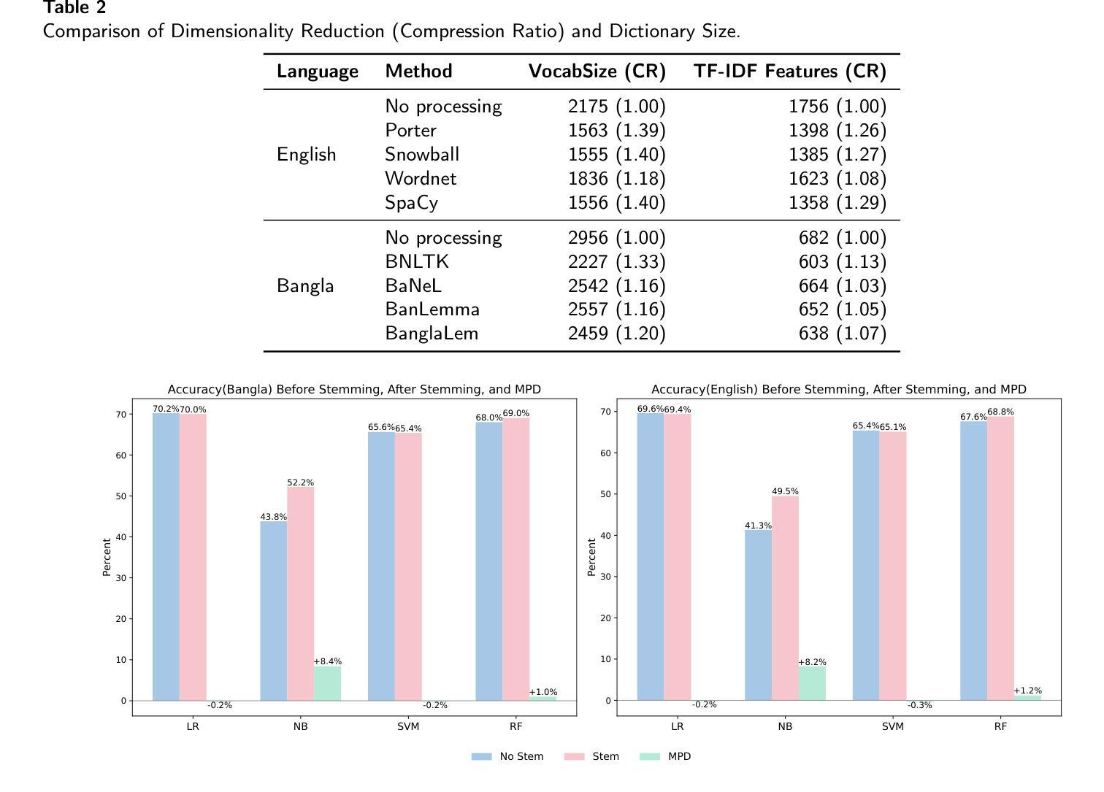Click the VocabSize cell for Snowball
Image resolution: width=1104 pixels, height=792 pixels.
coord(616,155)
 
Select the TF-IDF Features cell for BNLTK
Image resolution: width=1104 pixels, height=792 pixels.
coord(842,262)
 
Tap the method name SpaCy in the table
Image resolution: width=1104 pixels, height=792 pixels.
coord(411,203)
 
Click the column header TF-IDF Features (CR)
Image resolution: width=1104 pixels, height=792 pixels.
coord(789,72)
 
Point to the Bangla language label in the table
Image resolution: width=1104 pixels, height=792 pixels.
coord(305,286)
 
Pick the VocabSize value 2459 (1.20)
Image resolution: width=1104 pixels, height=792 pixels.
coord(616,334)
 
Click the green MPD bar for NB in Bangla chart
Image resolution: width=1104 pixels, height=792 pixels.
coord(327,683)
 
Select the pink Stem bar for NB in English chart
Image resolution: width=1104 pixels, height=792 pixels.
coord(785,598)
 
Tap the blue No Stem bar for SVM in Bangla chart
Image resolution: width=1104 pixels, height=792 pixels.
coord(381,566)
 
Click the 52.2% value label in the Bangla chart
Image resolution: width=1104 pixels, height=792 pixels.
coord(300,482)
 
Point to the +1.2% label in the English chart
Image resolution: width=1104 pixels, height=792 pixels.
coord(1027,691)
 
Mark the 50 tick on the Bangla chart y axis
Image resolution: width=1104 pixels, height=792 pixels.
coord(121,496)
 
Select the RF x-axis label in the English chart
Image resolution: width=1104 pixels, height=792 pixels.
coord(1000,726)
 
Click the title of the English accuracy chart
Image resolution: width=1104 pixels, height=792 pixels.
coord(838,389)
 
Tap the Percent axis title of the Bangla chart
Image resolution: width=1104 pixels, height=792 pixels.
coord(107,557)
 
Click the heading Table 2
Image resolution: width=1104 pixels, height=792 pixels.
coord(74,8)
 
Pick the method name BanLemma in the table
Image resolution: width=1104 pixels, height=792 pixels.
coord(432,310)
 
